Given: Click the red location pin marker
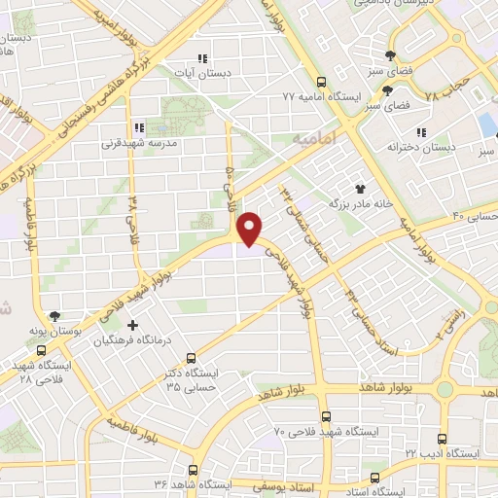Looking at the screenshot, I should [x=251, y=228].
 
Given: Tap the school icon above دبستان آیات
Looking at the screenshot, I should [x=202, y=57].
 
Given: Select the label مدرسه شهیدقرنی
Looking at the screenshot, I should [x=138, y=143].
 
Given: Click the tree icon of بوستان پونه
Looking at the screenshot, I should [x=54, y=316].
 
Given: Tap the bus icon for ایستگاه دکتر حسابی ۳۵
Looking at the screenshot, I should [x=191, y=357].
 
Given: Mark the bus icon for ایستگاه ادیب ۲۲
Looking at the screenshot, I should [x=444, y=439].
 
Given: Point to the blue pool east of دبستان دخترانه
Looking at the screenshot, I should [x=486, y=124].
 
